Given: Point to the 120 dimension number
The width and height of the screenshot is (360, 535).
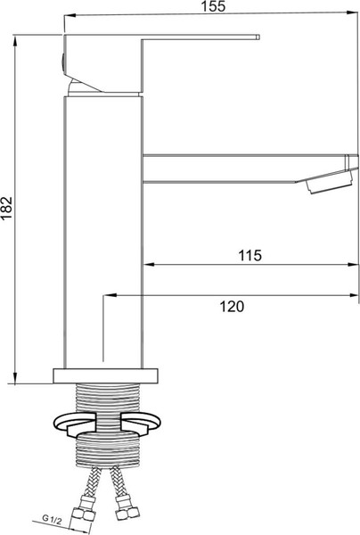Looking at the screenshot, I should click(x=232, y=306).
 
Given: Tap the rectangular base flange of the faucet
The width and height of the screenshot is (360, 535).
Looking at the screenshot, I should click(x=106, y=374).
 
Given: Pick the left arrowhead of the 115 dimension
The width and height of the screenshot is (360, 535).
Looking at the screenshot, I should click(x=150, y=265).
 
